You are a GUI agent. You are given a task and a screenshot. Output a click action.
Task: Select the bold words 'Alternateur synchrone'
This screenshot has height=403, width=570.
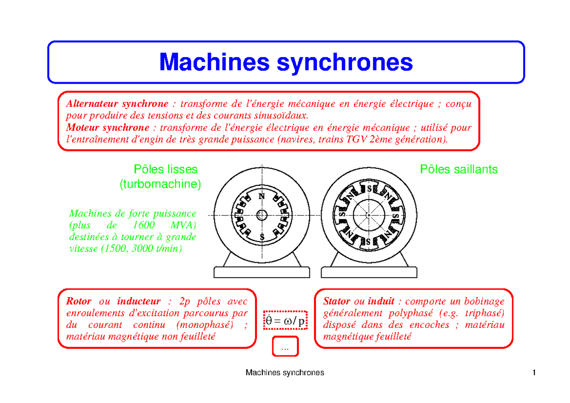coord(117,104)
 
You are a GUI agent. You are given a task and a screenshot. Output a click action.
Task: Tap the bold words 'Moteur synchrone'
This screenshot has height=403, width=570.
coord(107,127)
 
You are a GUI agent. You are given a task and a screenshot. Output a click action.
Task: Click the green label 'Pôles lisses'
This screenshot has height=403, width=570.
coord(165,170)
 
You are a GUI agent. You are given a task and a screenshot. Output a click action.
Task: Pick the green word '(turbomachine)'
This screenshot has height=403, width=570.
coord(160,184)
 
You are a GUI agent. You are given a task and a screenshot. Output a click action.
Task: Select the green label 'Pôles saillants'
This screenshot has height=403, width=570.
coord(459,170)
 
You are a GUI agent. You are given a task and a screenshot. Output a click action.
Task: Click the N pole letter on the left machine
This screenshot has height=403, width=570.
coord(261,196)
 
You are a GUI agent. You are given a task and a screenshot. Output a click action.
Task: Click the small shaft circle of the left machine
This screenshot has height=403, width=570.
coord(261,215)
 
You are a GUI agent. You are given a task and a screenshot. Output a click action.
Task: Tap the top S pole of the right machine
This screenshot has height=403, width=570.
coord(369,188)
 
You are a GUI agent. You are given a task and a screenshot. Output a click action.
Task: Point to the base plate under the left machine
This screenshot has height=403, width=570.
coord(261,272)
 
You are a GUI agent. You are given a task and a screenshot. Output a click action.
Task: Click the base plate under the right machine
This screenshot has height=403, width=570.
coord(369,272)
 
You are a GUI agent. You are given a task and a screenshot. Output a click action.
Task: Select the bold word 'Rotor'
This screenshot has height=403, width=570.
coord(79,301)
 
